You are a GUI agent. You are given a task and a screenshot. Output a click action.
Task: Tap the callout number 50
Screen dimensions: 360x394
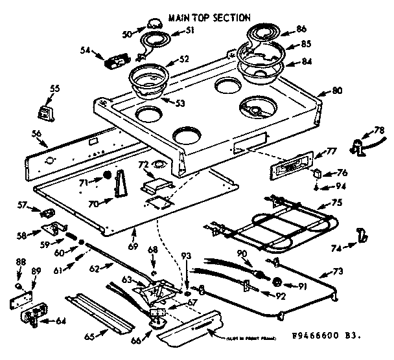145,32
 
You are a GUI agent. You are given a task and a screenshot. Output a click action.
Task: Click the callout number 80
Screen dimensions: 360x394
336,91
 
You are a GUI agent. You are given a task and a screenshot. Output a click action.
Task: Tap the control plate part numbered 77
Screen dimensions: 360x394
290,169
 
